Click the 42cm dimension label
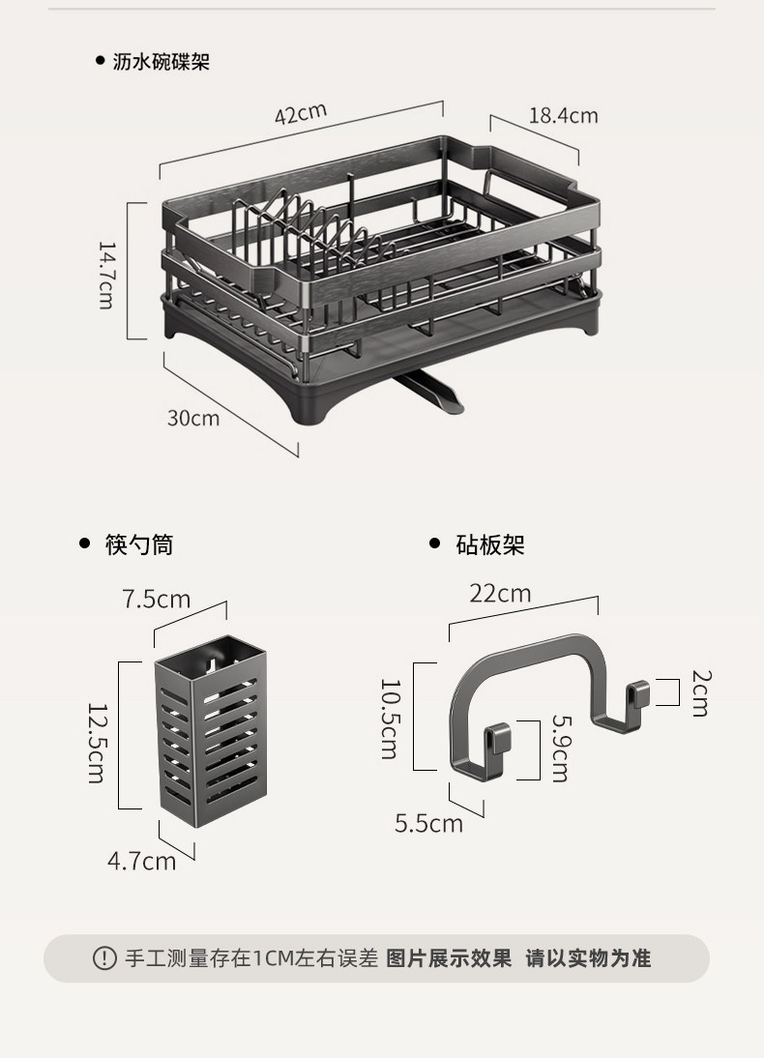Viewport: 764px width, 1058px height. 301,114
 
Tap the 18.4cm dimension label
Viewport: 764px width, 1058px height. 563,116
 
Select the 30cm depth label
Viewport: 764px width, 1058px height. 193,418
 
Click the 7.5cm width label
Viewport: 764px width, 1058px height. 157,600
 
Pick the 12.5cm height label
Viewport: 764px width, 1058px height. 96,743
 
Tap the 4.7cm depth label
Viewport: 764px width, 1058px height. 141,861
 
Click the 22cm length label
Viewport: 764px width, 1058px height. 500,594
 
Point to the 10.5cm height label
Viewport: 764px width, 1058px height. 389,719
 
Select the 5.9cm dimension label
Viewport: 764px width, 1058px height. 561,748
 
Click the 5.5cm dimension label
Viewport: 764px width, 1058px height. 428,823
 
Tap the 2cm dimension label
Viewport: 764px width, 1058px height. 700,693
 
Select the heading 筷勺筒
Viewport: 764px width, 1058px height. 139,544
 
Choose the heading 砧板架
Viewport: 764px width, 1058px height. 490,544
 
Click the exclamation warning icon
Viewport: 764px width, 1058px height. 103,958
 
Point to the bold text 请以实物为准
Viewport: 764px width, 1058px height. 588,958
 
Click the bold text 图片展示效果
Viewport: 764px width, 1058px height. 449,958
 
